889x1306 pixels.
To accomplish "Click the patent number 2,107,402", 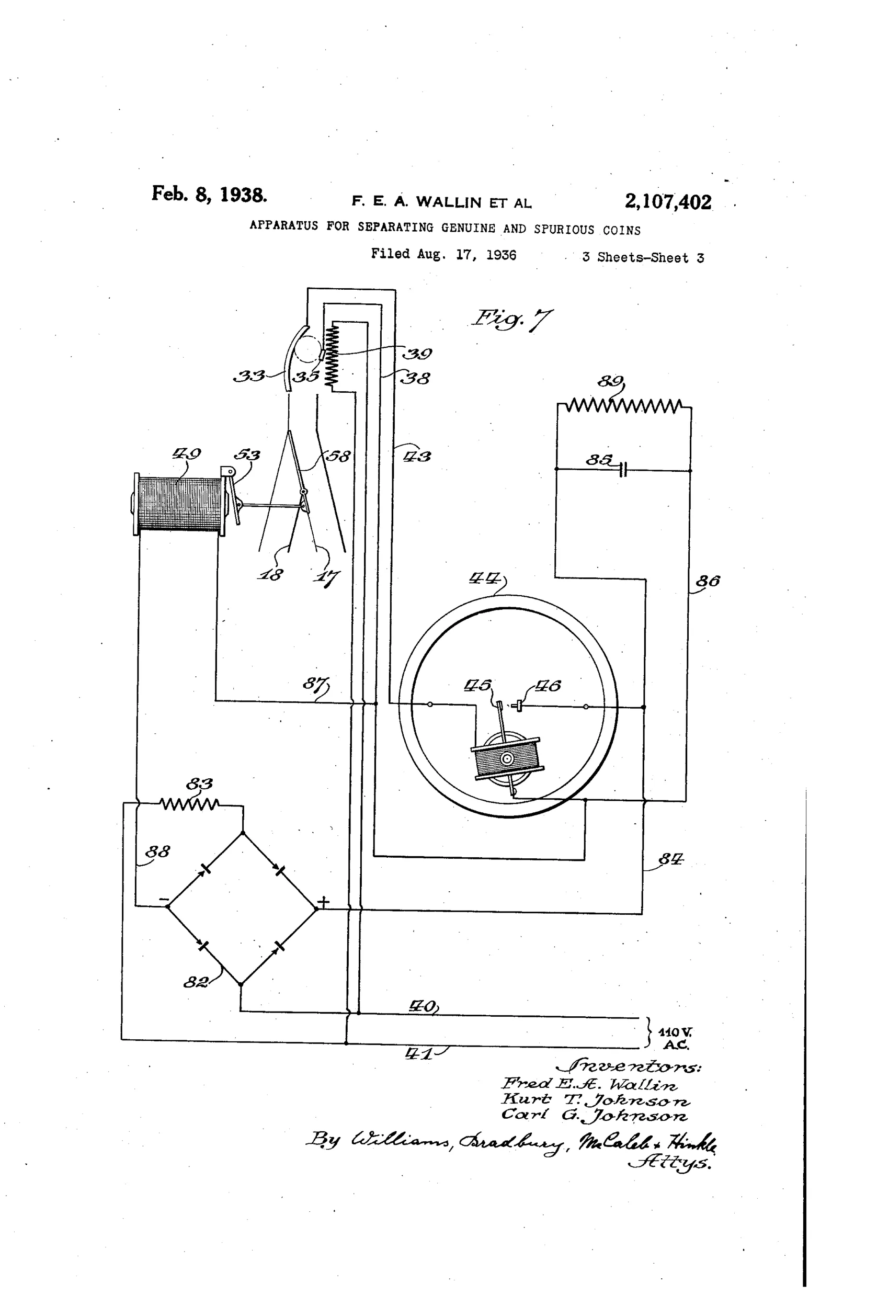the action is [668, 201].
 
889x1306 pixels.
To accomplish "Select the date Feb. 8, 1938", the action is [209, 194].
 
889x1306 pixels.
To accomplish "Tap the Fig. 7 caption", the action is [512, 319].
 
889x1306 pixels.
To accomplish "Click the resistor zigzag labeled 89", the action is [624, 405].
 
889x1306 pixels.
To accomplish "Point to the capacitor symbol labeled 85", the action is [623, 469].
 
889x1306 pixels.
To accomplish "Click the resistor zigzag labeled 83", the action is [189, 804].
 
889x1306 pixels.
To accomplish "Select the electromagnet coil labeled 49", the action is [179, 504].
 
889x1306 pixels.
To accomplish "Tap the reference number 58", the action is [338, 456].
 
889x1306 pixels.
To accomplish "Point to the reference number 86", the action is [708, 581].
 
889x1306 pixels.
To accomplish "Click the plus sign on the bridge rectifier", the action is [323, 903].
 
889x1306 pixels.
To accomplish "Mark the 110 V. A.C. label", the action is [675, 1039].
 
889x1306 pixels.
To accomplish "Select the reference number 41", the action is [419, 1054].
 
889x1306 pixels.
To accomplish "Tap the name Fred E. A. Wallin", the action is [589, 1084].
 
